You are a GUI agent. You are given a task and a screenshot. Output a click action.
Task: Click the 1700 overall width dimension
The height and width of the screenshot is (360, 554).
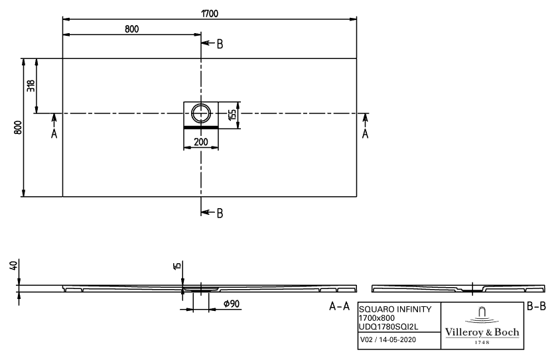tap(210, 13)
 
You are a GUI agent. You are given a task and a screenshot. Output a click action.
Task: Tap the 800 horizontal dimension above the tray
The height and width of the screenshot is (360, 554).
tap(132, 29)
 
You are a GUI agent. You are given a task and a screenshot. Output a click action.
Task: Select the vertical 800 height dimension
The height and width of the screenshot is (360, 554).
tap(18, 127)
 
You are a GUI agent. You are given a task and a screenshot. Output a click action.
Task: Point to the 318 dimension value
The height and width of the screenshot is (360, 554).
tap(31, 86)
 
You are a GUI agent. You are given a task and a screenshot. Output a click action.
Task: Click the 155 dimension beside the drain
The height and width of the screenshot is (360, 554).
tap(232, 115)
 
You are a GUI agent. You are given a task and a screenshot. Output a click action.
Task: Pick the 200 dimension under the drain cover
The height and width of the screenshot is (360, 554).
tap(201, 142)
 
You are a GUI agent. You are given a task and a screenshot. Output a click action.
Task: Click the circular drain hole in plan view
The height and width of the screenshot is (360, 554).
tap(201, 113)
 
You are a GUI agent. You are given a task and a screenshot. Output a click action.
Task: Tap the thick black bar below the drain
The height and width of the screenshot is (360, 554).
tap(201, 127)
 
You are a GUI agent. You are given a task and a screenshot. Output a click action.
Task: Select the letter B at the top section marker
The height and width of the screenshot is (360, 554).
tap(220, 44)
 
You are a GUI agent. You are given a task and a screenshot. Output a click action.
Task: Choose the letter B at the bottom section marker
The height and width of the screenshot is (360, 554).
tap(220, 213)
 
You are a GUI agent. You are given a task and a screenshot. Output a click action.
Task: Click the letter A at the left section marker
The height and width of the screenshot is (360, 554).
tap(54, 133)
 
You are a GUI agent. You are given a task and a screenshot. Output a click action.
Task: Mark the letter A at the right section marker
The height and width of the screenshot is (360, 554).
tap(366, 133)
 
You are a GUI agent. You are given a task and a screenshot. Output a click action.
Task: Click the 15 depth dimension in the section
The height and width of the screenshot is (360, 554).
tap(178, 265)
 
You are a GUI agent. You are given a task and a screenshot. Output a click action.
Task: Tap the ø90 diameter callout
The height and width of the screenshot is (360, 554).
tap(232, 304)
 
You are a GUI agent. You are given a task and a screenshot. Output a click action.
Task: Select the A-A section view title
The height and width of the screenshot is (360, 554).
tap(339, 306)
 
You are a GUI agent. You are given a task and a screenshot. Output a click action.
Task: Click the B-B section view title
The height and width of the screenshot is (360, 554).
tap(536, 306)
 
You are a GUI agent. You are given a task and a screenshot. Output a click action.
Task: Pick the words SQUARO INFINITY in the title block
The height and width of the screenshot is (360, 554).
tap(395, 309)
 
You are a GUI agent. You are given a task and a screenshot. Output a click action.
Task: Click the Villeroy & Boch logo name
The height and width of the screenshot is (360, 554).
tap(482, 332)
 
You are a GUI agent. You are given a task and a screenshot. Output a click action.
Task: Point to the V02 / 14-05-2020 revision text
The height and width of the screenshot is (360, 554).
tap(388, 339)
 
